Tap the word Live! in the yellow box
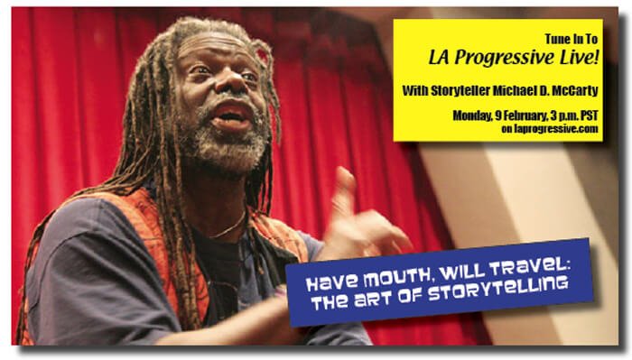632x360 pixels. point(579,57)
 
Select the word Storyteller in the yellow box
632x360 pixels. point(461,90)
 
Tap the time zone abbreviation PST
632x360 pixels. point(590,116)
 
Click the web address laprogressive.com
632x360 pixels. point(556,129)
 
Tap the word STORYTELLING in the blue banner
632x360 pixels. point(498,289)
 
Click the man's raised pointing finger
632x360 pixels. point(346,185)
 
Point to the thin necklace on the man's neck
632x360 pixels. point(230,227)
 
